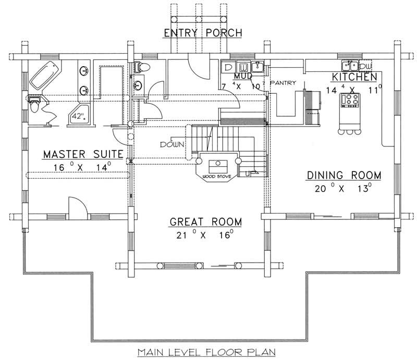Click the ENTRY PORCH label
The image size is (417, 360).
[x=203, y=33]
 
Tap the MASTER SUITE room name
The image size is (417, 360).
[x=83, y=154]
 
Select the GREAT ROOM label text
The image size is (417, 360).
[x=206, y=222]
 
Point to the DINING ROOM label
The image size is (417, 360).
[x=344, y=175]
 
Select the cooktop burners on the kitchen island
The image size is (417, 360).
[x=350, y=100]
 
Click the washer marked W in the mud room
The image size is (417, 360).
[x=243, y=67]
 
